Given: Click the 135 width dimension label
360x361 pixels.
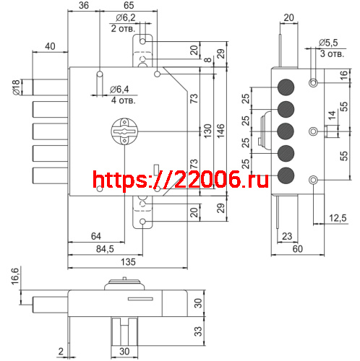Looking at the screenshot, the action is click(128, 262).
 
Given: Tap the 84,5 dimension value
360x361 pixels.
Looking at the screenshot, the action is click(105, 249).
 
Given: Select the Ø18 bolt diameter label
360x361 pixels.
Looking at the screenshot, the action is click(16, 87).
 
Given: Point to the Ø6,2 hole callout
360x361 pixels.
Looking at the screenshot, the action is click(126, 17).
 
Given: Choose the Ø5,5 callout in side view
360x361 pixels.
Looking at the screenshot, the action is click(328, 43).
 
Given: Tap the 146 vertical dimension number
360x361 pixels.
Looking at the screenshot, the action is click(220, 131).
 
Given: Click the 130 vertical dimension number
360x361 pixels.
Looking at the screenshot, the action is click(207, 131).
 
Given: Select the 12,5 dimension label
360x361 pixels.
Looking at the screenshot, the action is click(338, 218).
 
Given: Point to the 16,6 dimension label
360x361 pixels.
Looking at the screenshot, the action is click(15, 277).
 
